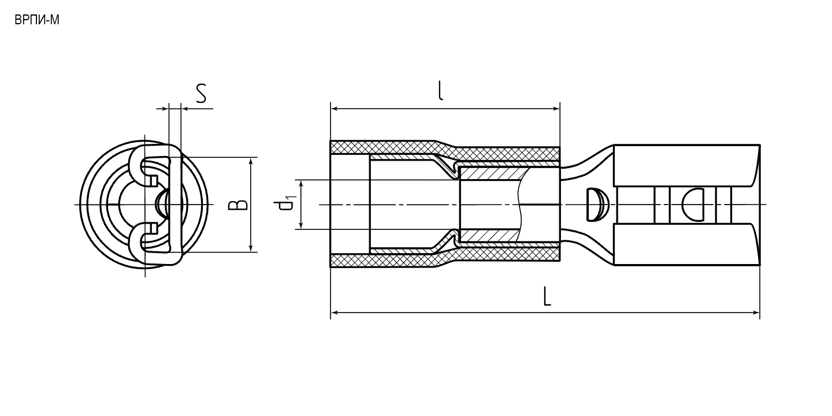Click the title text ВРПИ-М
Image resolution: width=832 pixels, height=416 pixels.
[37, 20]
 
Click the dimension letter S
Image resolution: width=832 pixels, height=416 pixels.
[201, 94]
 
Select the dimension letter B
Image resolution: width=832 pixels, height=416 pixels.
[237, 205]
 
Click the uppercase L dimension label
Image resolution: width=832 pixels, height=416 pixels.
[547, 296]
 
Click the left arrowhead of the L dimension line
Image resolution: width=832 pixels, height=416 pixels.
[334, 313]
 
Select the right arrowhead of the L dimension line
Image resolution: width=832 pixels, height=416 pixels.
[756, 313]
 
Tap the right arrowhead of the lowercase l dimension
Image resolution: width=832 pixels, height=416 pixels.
[556, 109]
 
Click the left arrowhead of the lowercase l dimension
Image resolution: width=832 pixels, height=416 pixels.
[334, 109]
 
